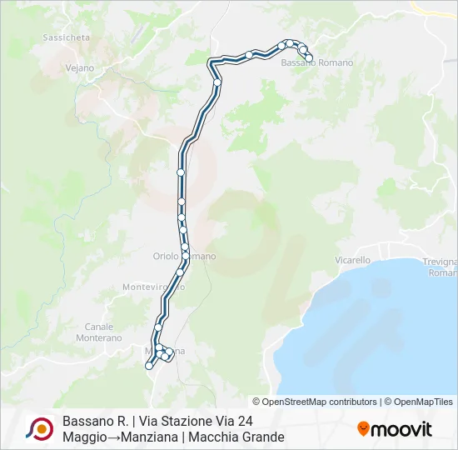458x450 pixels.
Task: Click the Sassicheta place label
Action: [66, 38]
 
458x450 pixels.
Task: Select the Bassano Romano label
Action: [317, 63]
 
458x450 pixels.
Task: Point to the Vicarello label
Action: [352, 260]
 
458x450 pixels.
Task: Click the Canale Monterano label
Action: [99, 332]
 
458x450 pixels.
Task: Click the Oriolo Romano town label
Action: [184, 257]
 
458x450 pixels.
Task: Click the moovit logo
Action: [395, 429]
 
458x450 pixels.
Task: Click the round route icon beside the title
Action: [39, 429]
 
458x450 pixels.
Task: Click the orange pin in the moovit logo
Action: [363, 429]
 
